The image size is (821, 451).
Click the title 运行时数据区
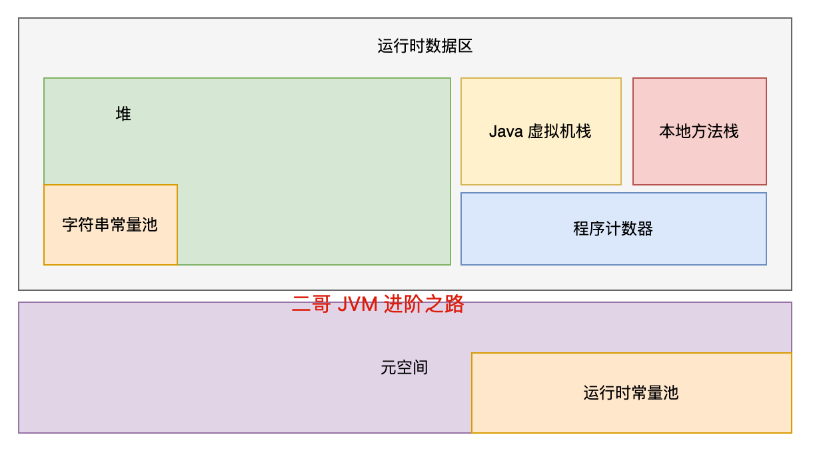coord(424,46)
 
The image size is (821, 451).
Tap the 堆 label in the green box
coord(123,114)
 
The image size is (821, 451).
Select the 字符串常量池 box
coord(111,225)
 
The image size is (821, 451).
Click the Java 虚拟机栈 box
coord(541,131)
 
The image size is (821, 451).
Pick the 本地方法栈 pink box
coord(700,131)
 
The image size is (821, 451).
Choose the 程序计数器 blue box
coord(614,229)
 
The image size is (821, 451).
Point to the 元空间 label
coord(405,368)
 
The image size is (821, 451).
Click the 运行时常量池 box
coord(632,393)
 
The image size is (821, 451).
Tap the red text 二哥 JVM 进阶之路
coord(378,304)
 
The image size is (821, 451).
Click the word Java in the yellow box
coord(506,131)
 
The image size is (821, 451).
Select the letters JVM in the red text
coord(357,304)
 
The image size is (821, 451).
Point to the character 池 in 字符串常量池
coord(149,225)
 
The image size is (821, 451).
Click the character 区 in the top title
coord(464,46)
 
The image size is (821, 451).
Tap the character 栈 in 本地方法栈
coord(731,131)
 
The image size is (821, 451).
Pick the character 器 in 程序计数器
coord(645,229)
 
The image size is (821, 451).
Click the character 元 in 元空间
coord(389,368)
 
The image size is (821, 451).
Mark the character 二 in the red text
coord(301,305)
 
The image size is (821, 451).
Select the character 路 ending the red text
coord(454,304)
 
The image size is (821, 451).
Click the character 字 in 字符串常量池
coord(71,225)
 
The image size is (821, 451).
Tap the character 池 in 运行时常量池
coord(670,393)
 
